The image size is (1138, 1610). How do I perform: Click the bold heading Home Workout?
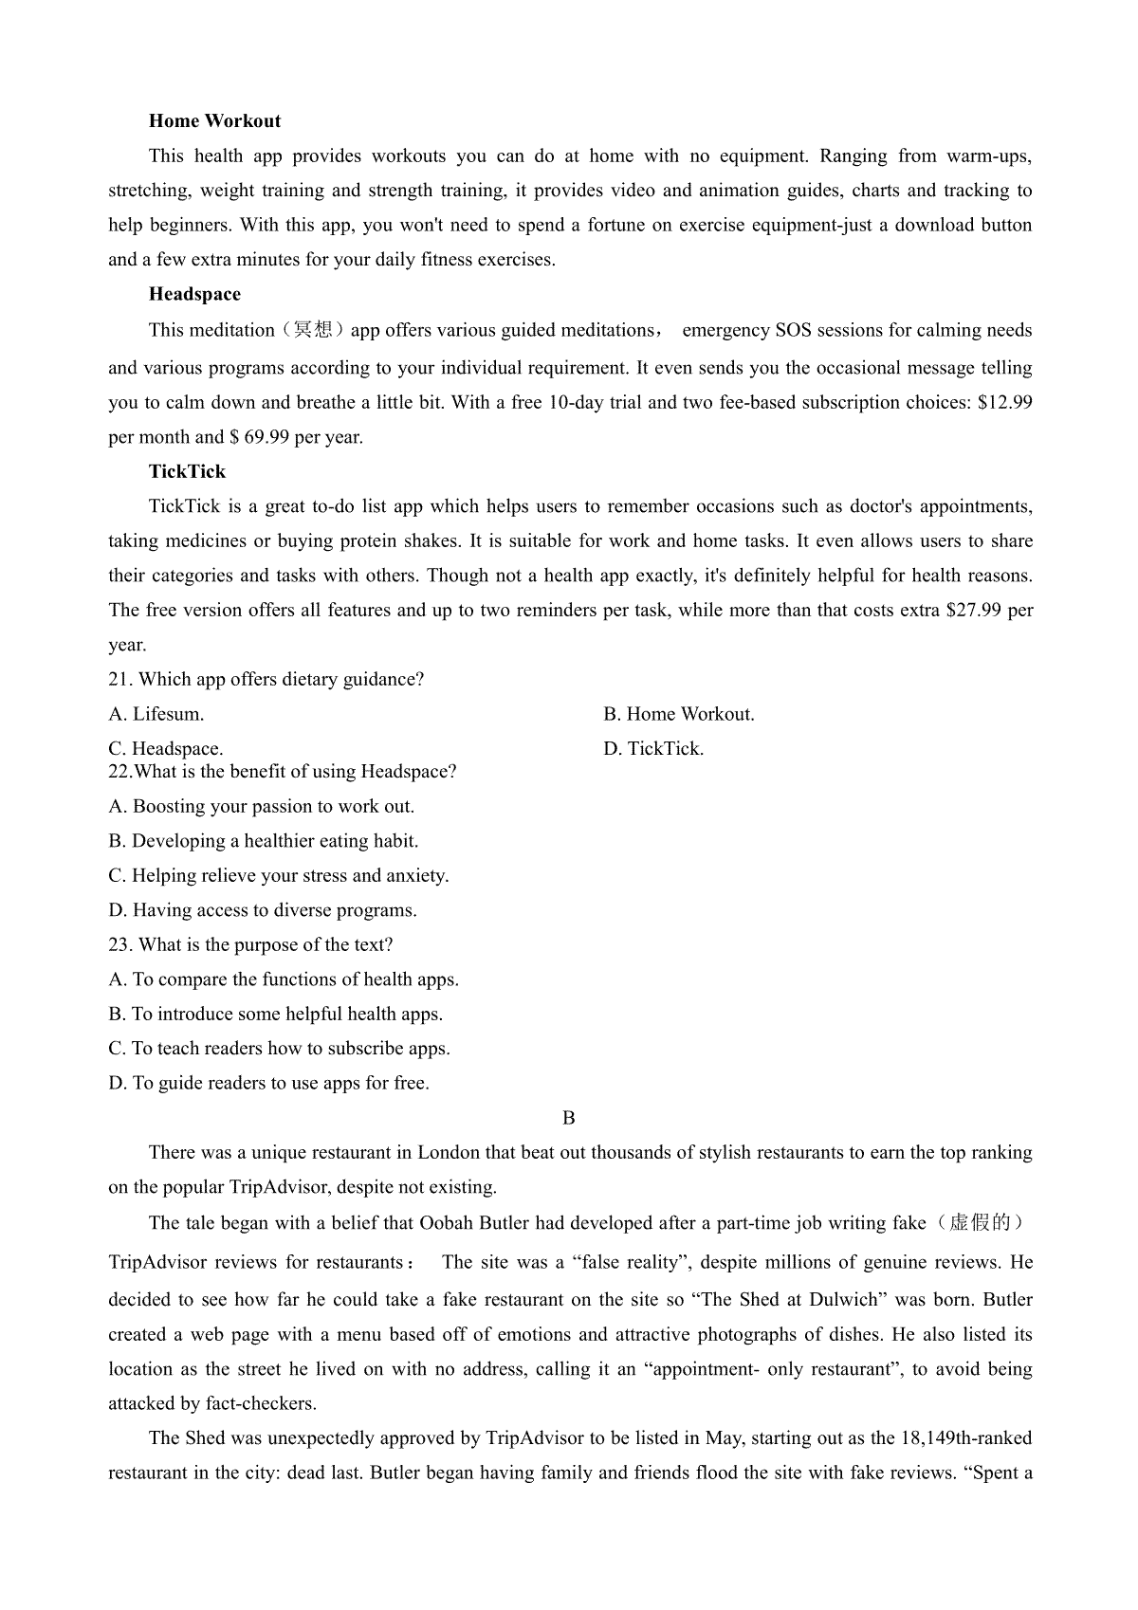pos(214,120)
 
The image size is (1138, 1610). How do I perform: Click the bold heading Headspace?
pos(194,294)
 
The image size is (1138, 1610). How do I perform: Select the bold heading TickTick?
pos(187,471)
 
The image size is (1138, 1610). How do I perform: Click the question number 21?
pos(119,679)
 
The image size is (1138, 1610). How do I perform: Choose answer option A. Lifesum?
pos(156,714)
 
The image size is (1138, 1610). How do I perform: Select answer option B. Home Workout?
pos(679,714)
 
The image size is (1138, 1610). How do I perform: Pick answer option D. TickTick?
pos(653,748)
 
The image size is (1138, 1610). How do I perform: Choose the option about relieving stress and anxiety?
pos(279,875)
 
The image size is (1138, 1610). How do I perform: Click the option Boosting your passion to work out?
pos(262,806)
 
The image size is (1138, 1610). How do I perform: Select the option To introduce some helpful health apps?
pos(276,1014)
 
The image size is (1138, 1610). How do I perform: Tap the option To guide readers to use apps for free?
pos(269,1083)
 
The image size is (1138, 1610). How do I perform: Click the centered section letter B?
pos(569,1118)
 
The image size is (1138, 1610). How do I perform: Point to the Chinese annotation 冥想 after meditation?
pos(313,330)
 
